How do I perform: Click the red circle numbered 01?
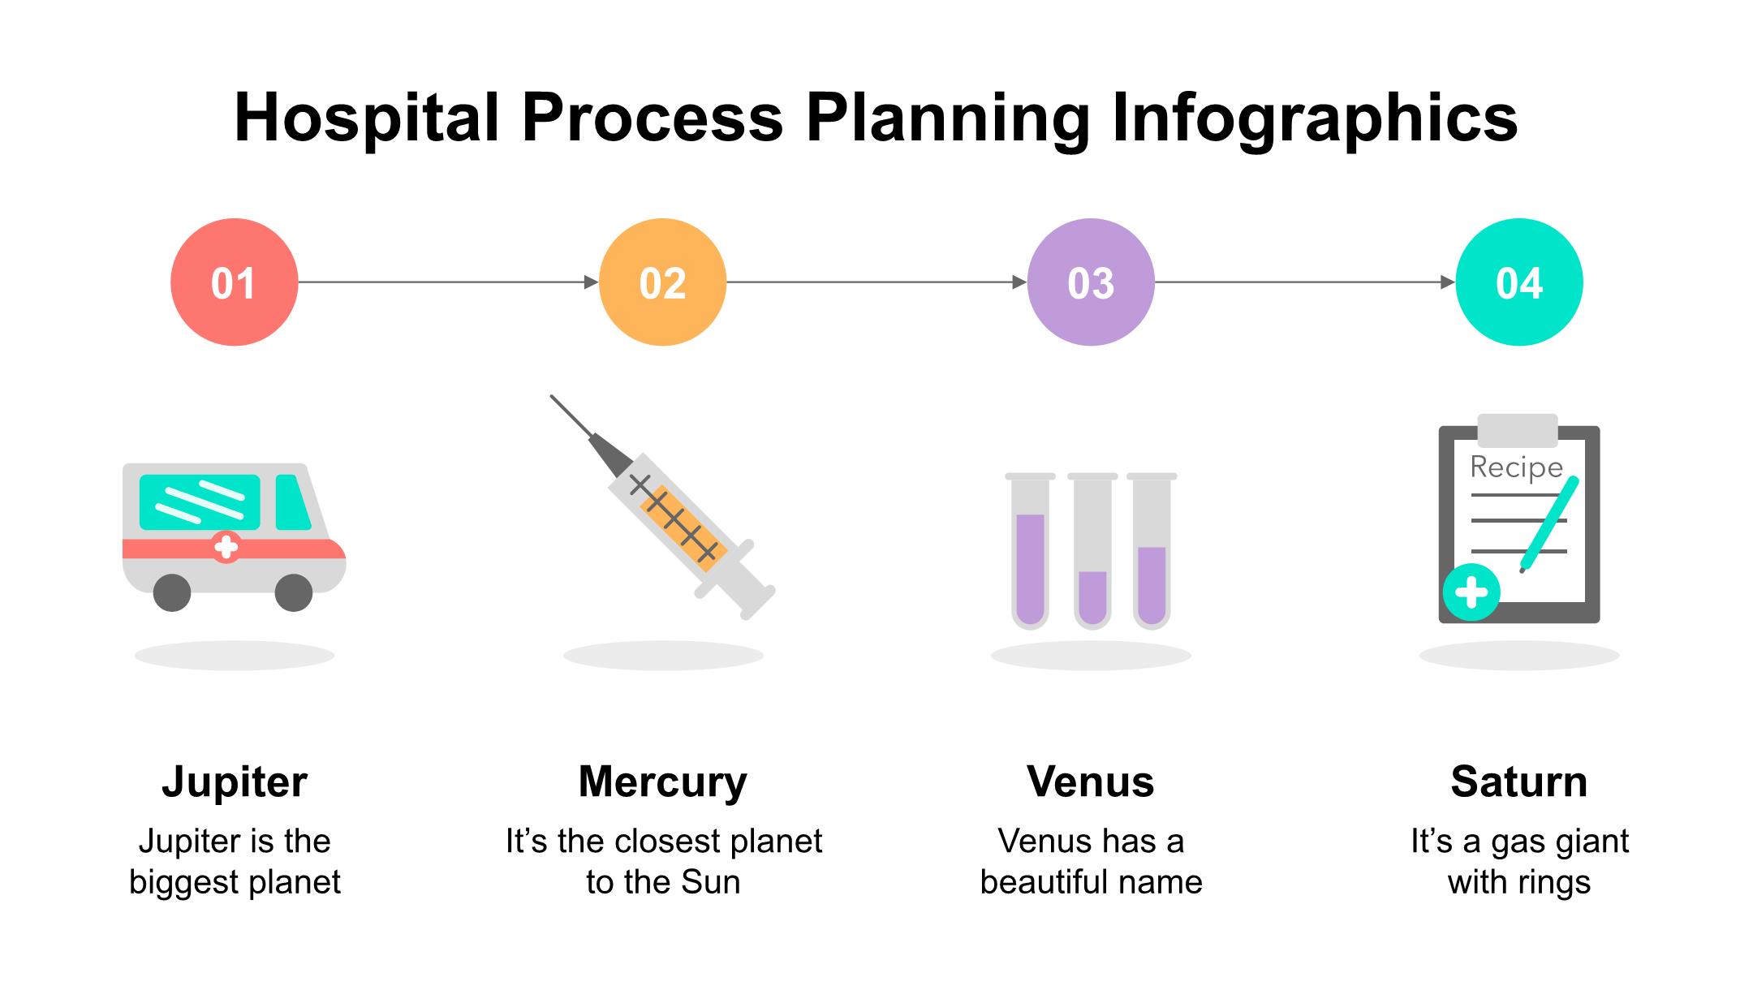[234, 282]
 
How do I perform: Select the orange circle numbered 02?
[662, 282]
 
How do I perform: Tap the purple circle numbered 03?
[1091, 282]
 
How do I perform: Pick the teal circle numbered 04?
[1519, 282]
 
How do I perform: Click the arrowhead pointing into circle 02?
[592, 282]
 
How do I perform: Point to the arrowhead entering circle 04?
[1448, 282]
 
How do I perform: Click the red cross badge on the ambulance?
[226, 547]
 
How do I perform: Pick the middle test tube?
[1092, 552]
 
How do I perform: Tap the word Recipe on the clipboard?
[1516, 467]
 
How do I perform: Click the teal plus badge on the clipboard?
[1471, 592]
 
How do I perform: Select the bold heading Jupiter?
[235, 781]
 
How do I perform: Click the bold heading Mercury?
[662, 781]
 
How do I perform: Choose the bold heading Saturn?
[1518, 781]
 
